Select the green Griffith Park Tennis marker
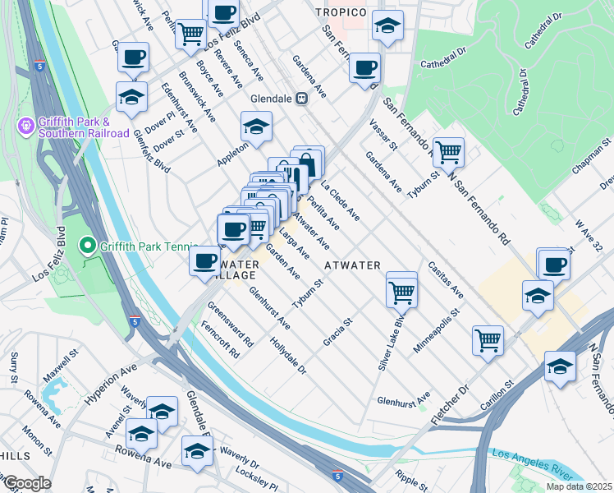(x=85, y=245)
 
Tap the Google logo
(x=26, y=482)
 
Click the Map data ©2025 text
(x=578, y=486)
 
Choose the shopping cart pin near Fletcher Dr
(x=488, y=339)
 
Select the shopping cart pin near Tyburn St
(x=448, y=151)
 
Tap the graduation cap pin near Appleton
(x=256, y=127)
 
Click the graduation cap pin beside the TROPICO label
(x=387, y=26)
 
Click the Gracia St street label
(x=337, y=332)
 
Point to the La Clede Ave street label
(x=340, y=200)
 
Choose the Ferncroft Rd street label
(x=224, y=342)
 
